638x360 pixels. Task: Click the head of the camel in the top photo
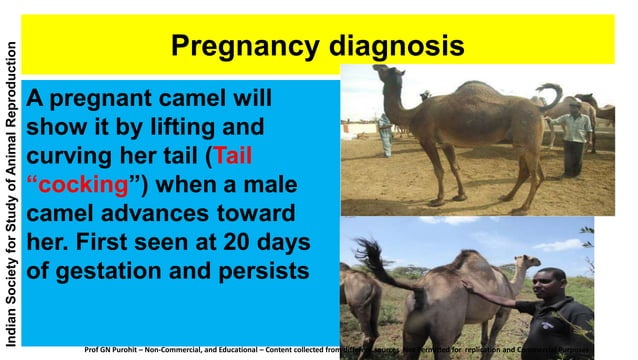(x=386, y=74)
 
